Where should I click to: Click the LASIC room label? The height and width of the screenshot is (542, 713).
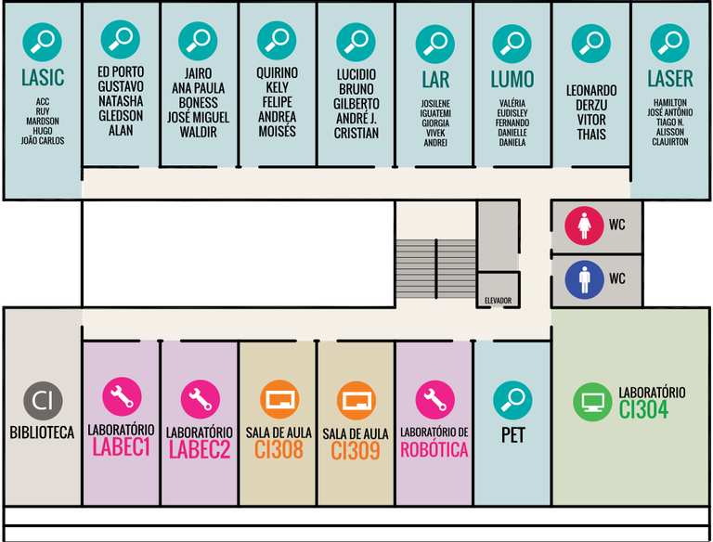(x=43, y=78)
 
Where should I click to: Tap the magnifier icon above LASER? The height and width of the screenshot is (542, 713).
(x=669, y=43)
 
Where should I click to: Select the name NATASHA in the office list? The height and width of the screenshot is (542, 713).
(x=121, y=101)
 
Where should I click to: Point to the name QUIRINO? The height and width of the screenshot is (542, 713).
(x=277, y=72)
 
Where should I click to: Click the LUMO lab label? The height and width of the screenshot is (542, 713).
(x=512, y=79)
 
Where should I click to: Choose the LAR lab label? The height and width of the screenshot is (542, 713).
(x=434, y=79)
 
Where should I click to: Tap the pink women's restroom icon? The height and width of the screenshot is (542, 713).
(x=585, y=226)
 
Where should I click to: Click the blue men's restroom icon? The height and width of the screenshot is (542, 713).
(x=585, y=277)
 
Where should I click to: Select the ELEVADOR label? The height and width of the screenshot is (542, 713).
(x=498, y=301)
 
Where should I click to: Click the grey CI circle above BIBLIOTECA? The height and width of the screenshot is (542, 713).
(x=43, y=401)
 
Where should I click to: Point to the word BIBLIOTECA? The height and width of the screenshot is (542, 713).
(x=43, y=432)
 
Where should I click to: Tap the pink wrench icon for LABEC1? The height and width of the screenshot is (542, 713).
(x=121, y=399)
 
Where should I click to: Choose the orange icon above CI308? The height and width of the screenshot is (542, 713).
(x=278, y=400)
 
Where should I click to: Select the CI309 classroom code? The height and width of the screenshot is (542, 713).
(x=356, y=451)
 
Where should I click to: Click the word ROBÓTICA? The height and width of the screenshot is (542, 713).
(x=434, y=450)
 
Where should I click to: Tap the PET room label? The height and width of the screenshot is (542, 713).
(x=512, y=435)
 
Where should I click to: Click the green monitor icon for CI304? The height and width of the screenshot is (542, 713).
(x=591, y=402)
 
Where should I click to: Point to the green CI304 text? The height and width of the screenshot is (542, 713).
(x=643, y=409)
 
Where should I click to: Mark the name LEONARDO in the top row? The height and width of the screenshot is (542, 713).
(x=591, y=90)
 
